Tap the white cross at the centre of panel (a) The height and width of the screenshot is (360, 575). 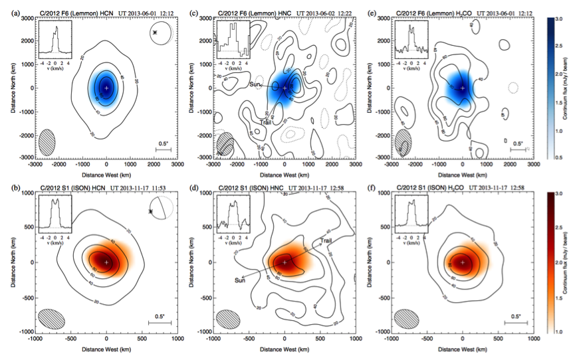click(x=106, y=87)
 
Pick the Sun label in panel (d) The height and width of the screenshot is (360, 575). click(x=241, y=280)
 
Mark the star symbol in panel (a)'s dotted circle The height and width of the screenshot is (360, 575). click(x=156, y=32)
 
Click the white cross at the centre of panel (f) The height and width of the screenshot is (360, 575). click(x=462, y=261)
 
